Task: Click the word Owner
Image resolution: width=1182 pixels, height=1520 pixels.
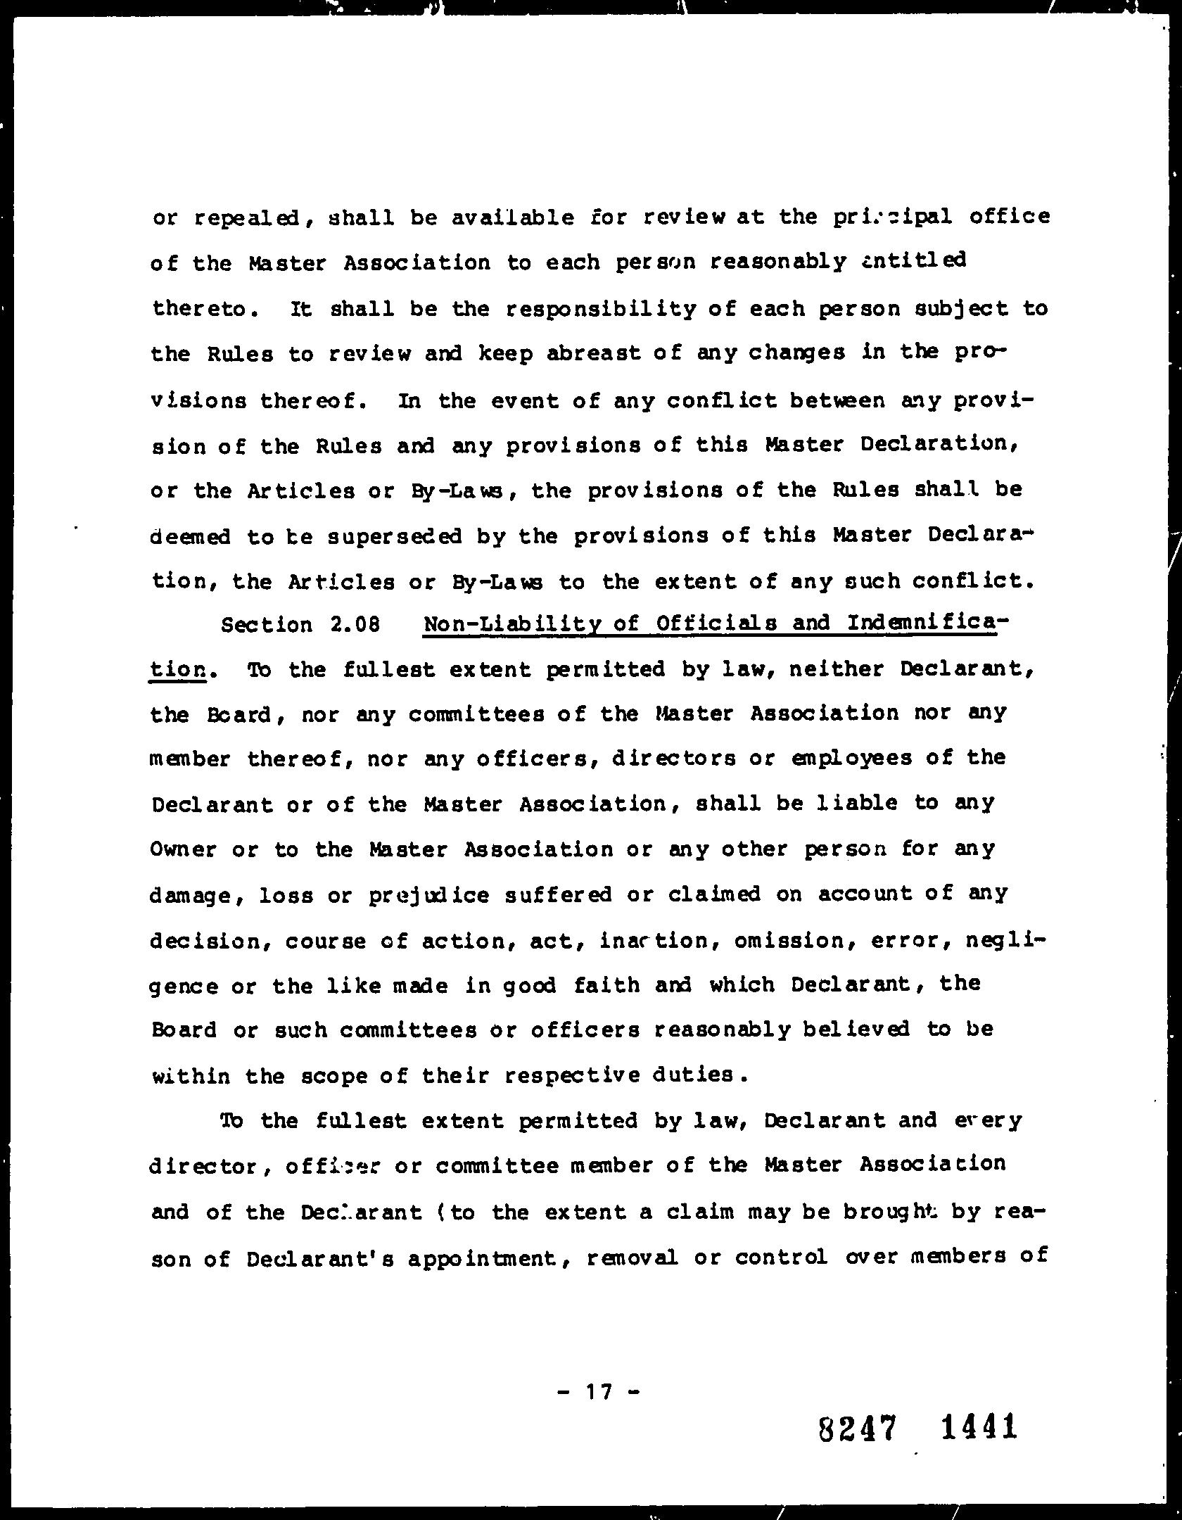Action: [x=183, y=849]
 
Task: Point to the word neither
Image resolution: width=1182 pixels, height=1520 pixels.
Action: [x=837, y=669]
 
